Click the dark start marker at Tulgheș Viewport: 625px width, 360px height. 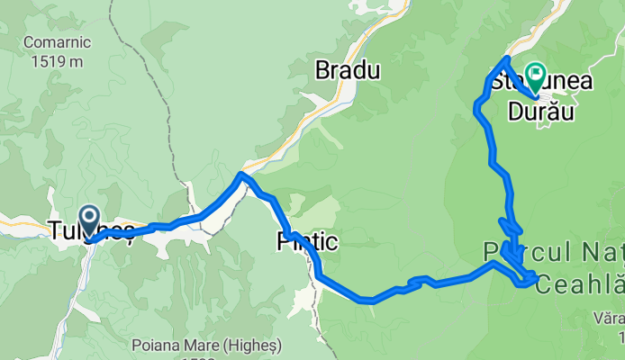pos(89,216)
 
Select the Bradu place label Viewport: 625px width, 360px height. pos(347,69)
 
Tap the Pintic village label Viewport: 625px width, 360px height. pos(308,240)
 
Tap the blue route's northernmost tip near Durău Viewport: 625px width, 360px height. pos(507,59)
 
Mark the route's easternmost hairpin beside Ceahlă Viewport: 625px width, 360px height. pos(537,275)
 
